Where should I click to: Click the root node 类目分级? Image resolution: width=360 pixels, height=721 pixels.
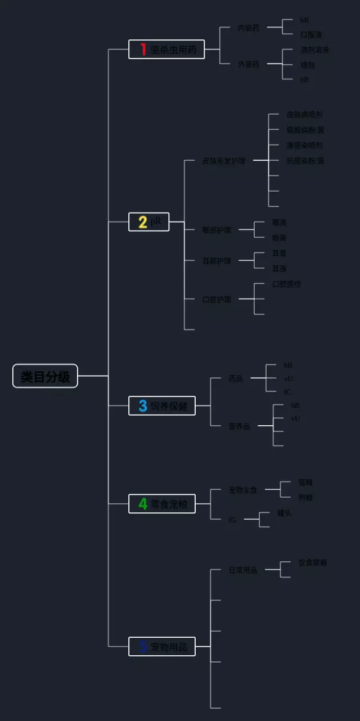pos(45,376)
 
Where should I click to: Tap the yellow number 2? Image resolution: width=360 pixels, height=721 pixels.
pos(143,222)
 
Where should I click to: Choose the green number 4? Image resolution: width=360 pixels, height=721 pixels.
pos(143,504)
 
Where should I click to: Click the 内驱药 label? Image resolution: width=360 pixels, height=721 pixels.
pos(249,28)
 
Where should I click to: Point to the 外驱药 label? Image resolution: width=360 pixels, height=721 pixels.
pos(249,64)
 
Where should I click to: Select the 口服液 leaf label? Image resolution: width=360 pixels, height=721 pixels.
pos(311,34)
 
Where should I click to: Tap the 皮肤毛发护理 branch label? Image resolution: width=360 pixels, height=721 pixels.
pos(224,161)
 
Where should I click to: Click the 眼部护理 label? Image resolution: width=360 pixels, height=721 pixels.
pos(217,230)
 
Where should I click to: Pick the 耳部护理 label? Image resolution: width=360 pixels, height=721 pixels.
pos(217,261)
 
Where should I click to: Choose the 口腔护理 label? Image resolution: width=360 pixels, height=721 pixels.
pos(217,299)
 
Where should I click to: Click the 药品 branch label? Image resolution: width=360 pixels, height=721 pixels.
pos(236,378)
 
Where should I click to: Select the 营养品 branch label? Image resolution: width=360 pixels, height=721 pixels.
pos(239,426)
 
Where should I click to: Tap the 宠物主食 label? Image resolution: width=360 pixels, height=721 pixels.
pos(242,490)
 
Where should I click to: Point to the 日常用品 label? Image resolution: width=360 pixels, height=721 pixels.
pos(242,570)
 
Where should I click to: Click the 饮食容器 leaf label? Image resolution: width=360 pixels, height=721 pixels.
pos(312,562)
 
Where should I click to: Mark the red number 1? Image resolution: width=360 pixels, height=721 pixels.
pos(143,49)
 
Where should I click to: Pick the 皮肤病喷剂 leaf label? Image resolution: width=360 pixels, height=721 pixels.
pos(304,115)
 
